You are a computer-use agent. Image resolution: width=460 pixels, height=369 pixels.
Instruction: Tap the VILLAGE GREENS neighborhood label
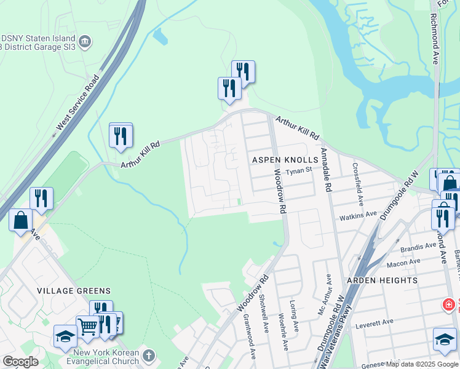tap(74, 291)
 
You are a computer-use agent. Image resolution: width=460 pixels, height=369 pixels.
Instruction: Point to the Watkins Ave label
tap(358, 215)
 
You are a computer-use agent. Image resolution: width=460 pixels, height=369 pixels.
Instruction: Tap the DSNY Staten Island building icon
tap(85, 41)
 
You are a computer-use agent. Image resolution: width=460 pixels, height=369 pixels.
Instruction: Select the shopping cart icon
tap(87, 325)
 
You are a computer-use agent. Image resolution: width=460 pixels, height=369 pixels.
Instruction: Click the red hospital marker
tap(450, 304)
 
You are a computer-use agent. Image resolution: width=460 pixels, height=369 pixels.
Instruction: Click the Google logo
tap(20, 362)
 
